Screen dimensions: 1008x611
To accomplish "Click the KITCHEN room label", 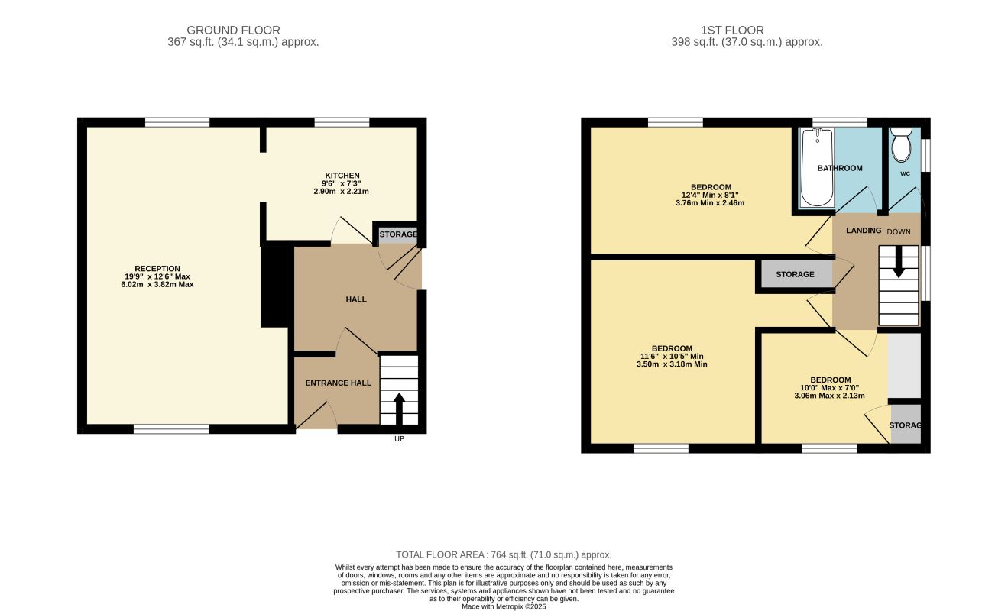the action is [342, 176].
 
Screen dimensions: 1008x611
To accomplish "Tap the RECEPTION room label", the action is [157, 268].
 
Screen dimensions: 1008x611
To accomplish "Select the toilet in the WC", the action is [901, 144].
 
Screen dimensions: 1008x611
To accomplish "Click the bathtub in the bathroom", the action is [816, 167].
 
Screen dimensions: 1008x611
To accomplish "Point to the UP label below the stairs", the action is [399, 439].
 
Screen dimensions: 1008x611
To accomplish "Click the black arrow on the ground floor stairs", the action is [399, 409].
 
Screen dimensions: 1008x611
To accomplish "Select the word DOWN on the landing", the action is [899, 232].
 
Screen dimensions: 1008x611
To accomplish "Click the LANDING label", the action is [864, 231].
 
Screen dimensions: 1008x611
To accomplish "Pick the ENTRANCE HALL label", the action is [338, 383].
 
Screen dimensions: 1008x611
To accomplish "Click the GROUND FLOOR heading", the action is [233, 30].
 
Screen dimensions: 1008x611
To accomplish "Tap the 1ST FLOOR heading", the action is [732, 30].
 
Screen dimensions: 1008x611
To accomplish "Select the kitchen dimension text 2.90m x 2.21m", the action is [341, 192].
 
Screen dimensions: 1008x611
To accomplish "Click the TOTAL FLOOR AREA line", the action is [504, 554].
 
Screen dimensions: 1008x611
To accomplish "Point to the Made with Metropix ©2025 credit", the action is [504, 606].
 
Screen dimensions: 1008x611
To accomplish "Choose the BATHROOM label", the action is [840, 168].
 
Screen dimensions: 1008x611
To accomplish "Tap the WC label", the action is [905, 173].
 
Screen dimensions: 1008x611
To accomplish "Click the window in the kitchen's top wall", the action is [342, 122].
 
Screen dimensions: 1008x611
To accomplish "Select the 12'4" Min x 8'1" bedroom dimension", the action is [710, 195].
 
